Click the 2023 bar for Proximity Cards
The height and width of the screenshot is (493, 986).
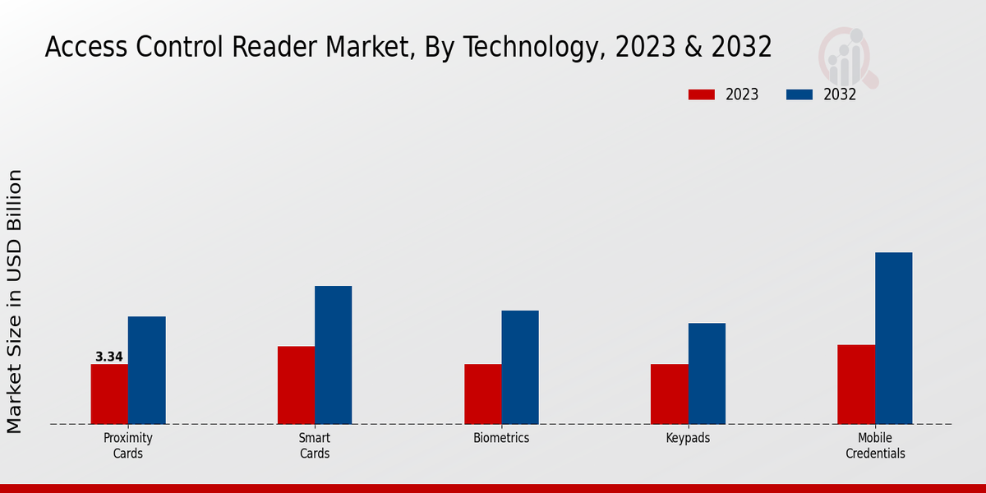click(x=109, y=394)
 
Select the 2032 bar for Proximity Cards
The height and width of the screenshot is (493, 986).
click(x=146, y=370)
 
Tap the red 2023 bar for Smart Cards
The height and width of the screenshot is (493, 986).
click(x=296, y=385)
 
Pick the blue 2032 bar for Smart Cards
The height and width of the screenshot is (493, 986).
click(x=333, y=355)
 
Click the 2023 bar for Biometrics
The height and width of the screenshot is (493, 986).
click(x=482, y=394)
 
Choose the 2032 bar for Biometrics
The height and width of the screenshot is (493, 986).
click(x=520, y=367)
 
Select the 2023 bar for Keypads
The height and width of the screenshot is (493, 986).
click(x=669, y=394)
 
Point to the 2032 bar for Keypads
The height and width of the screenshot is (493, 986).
click(x=707, y=373)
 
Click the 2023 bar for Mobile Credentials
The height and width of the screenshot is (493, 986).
click(x=856, y=384)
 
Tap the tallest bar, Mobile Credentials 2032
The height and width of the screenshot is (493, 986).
click(x=893, y=338)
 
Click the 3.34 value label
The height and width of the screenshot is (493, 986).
click(x=109, y=357)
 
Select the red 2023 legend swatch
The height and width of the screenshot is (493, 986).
click(x=701, y=94)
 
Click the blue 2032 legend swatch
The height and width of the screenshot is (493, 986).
click(x=799, y=94)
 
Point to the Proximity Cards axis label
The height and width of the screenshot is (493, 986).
click(x=128, y=445)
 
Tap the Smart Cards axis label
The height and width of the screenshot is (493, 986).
click(x=315, y=445)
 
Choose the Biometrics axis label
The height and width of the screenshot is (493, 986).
click(x=501, y=438)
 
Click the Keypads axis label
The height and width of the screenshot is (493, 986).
click(x=688, y=438)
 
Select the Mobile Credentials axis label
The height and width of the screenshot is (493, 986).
click(x=875, y=445)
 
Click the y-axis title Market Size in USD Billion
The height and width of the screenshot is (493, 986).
click(x=15, y=301)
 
